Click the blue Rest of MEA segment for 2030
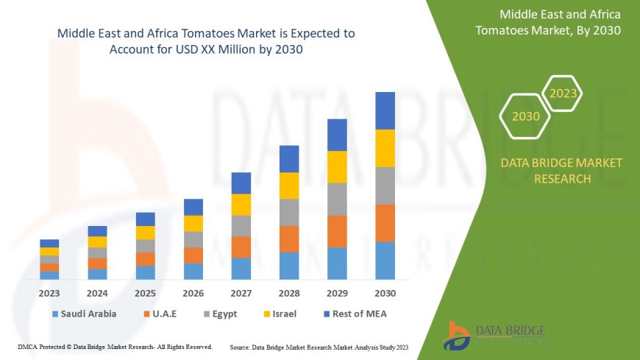pos(385,110)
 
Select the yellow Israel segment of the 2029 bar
pos(337,166)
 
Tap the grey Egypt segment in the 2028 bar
pos(289,212)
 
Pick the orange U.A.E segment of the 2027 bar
pos(241,247)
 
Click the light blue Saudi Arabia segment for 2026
pos(193,272)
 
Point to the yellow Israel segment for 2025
pos(146,233)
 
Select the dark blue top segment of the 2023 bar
pos(49,243)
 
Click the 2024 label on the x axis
pos(97,293)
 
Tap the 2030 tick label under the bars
pos(385,293)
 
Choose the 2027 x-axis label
pos(241,293)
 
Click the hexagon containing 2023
pos(563,93)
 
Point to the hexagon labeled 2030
pos(525,116)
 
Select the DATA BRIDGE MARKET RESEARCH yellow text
pos(561,170)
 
